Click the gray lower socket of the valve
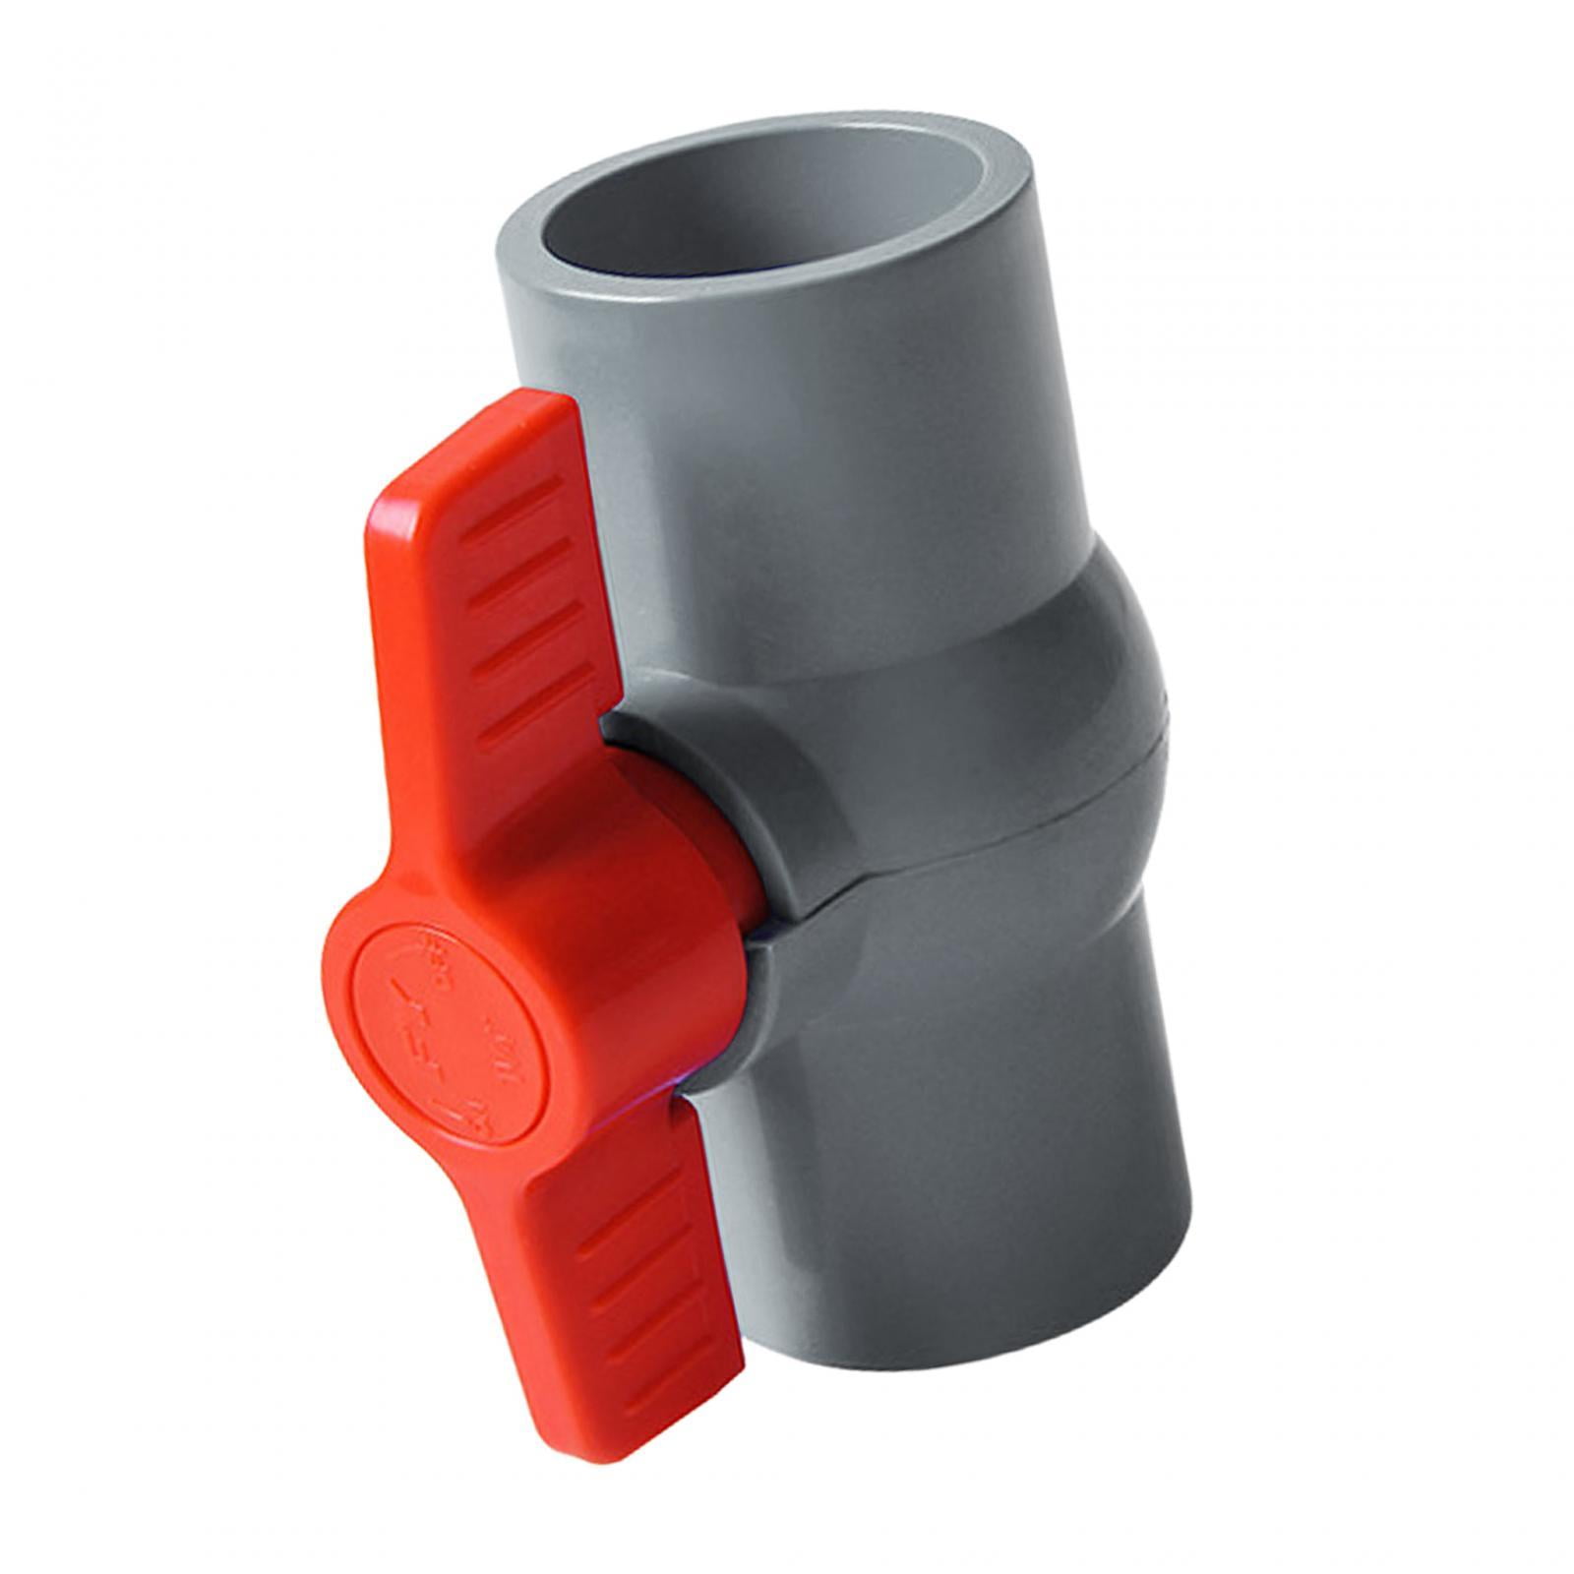click(984, 1180)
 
